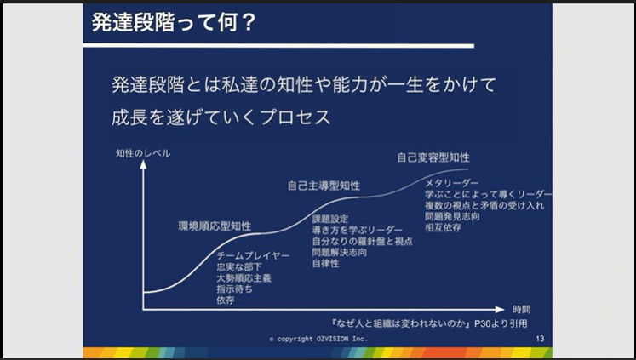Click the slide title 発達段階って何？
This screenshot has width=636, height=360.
point(174,21)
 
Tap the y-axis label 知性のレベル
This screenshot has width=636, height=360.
point(143,153)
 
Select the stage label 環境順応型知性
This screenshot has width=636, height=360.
point(215,226)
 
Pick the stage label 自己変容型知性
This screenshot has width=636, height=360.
point(433,157)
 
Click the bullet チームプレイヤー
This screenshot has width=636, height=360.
point(254,256)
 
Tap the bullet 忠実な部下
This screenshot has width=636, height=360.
point(239,267)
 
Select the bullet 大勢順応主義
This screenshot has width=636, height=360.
point(244,278)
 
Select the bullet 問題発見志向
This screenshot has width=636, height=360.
point(452,217)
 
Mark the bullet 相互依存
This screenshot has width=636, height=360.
point(441,228)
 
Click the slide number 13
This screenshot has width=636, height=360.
point(540,339)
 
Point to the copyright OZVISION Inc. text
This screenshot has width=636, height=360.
point(318,339)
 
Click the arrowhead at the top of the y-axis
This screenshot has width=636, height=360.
point(143,164)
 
